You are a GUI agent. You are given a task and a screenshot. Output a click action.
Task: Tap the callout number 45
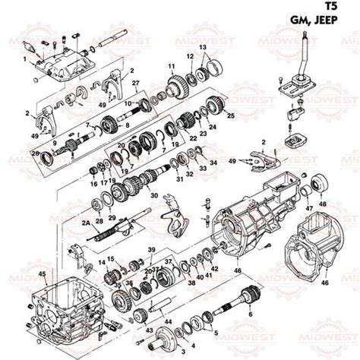43,273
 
